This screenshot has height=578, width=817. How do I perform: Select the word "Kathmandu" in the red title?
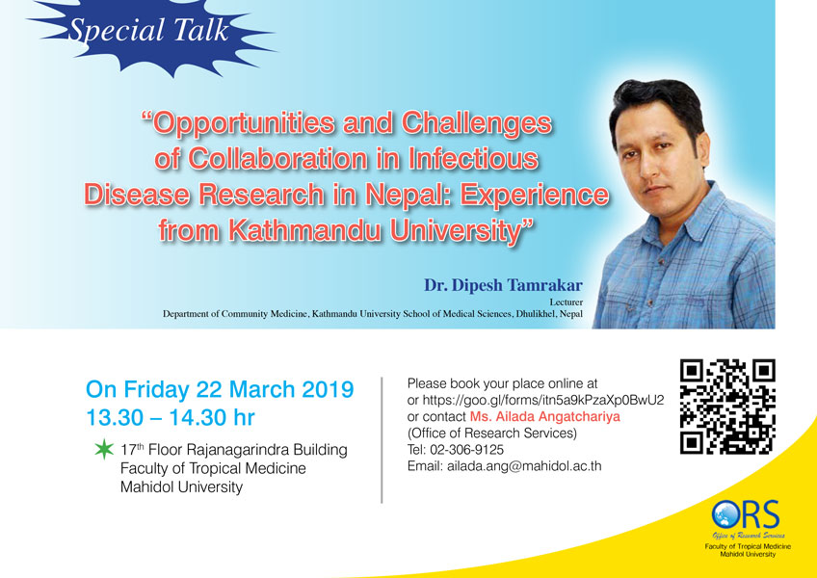coord(305,230)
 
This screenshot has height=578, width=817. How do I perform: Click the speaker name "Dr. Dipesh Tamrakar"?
coord(503,285)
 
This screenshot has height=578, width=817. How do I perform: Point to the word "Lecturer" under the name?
coord(566,302)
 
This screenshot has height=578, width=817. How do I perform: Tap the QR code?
coord(727,407)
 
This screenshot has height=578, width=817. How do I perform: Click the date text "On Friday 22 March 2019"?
coord(220,390)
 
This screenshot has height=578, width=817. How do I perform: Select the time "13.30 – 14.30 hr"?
coord(171,417)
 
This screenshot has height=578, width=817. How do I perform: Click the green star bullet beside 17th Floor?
coord(104,449)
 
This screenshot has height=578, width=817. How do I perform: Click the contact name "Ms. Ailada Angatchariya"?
coord(545,417)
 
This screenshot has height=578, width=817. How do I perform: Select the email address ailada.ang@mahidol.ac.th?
coord(524,466)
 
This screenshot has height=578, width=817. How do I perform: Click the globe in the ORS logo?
coord(725,515)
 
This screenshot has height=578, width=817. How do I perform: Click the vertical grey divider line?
coord(382,440)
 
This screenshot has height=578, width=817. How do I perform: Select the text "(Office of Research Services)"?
coord(492,433)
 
